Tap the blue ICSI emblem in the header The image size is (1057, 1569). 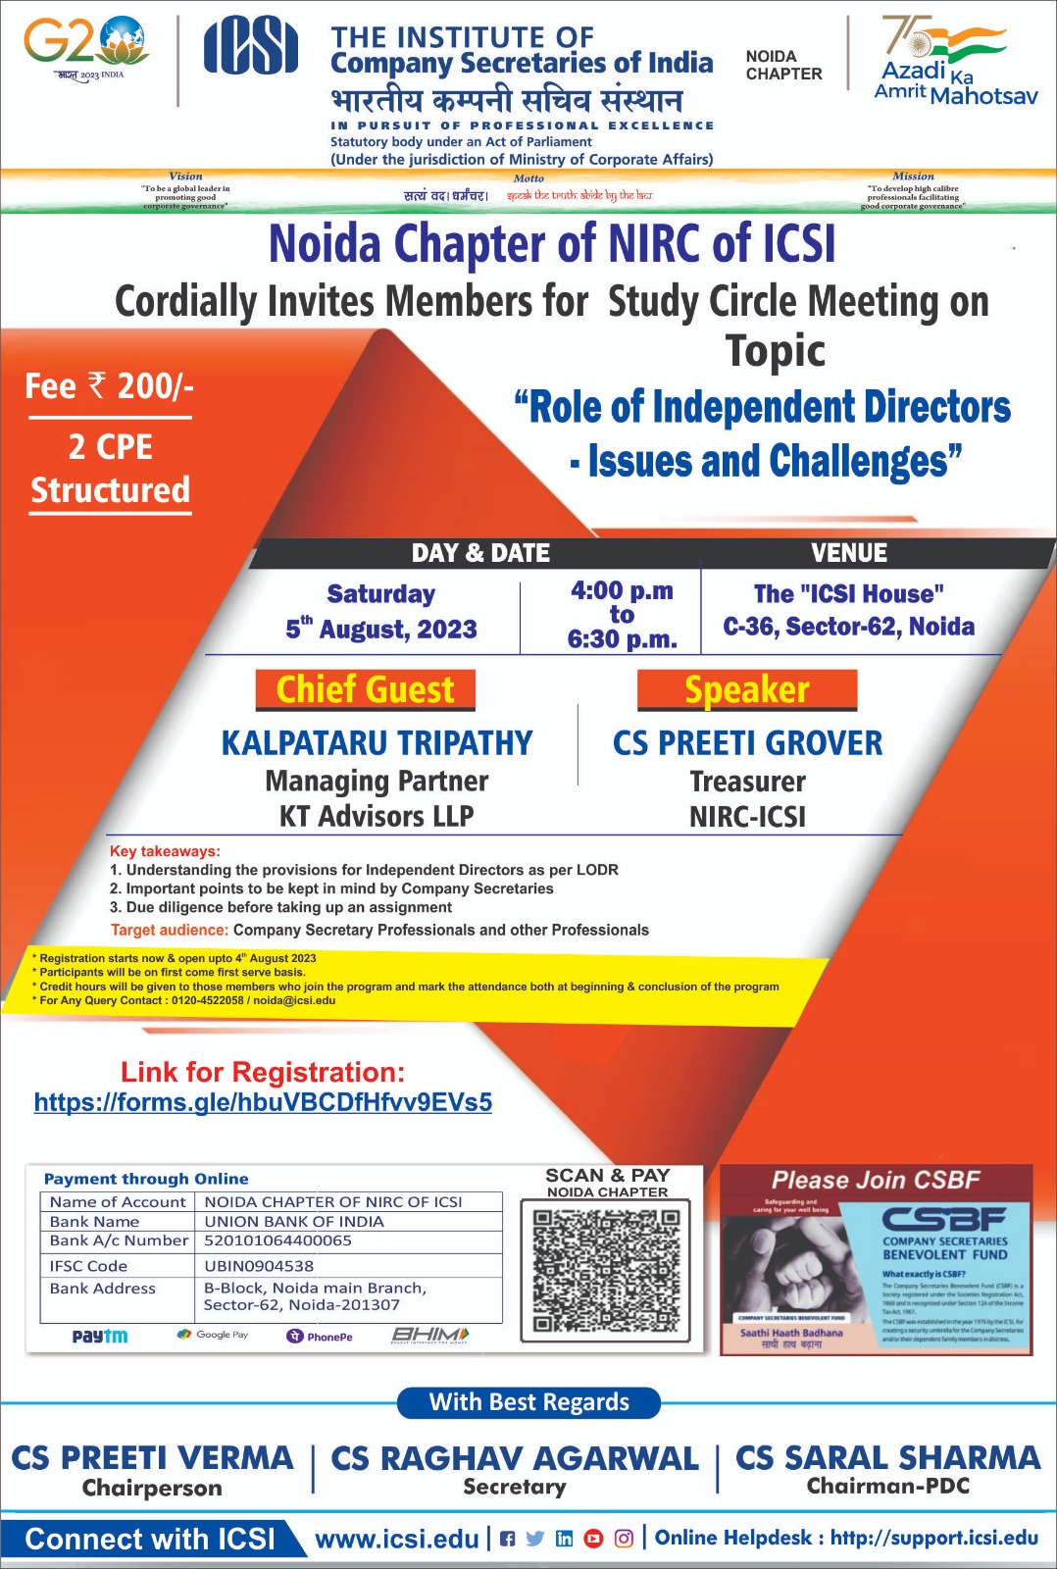(250, 46)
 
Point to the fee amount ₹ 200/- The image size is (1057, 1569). (110, 386)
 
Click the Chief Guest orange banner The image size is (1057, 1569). (365, 689)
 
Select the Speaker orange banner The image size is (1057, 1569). (747, 689)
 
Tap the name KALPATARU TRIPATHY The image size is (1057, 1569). (377, 743)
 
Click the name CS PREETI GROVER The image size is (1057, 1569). (747, 743)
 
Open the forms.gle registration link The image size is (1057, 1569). (263, 1102)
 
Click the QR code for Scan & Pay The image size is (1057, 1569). (606, 1271)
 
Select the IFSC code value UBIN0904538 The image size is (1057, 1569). (259, 1266)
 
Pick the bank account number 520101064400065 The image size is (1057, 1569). (277, 1240)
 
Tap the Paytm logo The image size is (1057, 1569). (100, 1336)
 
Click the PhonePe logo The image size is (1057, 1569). (320, 1336)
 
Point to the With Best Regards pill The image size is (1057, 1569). (528, 1402)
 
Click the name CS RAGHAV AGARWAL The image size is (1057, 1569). (515, 1458)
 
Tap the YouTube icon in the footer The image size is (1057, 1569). (593, 1539)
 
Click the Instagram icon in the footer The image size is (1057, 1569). (624, 1539)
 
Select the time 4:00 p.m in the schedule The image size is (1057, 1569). (622, 590)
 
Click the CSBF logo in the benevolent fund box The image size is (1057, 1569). (944, 1219)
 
